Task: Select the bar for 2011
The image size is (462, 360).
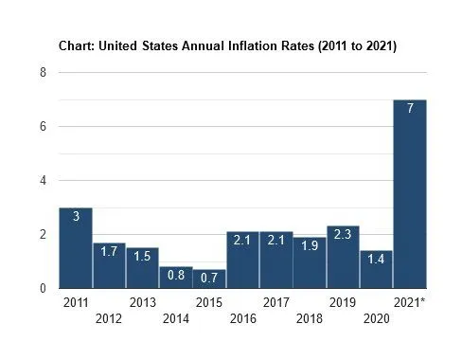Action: click(75, 247)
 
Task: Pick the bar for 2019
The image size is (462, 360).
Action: click(343, 257)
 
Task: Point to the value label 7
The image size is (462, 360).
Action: click(409, 109)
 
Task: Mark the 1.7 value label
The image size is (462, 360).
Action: click(109, 252)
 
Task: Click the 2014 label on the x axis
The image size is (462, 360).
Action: click(176, 318)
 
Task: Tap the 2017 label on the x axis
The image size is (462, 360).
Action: click(275, 302)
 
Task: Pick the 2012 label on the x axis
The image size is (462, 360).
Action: click(109, 318)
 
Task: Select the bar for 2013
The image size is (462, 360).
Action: click(142, 268)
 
